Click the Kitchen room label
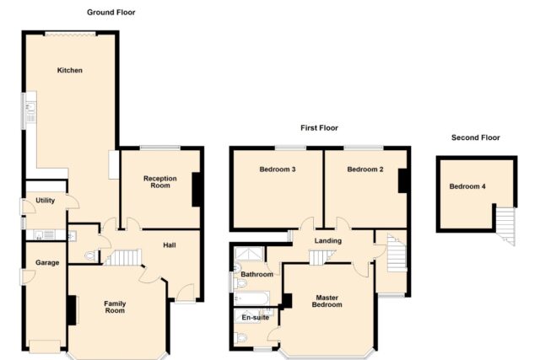tap(69, 70)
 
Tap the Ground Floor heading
tap(111, 13)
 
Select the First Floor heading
tap(319, 128)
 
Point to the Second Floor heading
tap(476, 137)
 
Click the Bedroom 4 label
tap(467, 186)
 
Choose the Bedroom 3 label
tap(278, 169)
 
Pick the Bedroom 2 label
tap(365, 169)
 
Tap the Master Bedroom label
tap(327, 301)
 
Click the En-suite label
tap(255, 317)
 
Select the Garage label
tap(47, 263)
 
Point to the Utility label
tap(45, 201)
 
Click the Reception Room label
tap(160, 182)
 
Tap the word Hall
tap(170, 245)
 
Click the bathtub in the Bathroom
tap(251, 298)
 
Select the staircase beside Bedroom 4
tap(505, 225)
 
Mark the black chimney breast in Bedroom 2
tap(403, 180)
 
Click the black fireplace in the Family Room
tap(72, 310)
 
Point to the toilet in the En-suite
tap(240, 338)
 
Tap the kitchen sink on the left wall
tap(30, 109)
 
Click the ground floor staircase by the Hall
tap(123, 257)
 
